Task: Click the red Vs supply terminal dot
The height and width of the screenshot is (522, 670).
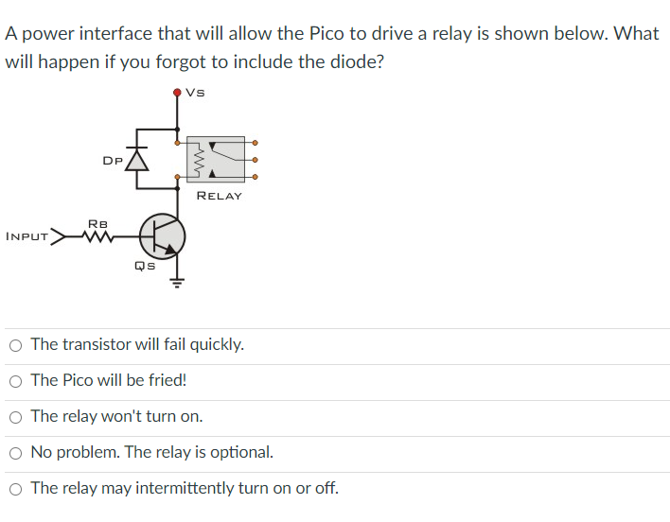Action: coord(177,93)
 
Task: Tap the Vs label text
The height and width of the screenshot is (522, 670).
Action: coord(196,92)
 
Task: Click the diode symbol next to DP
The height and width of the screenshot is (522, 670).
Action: coord(138,160)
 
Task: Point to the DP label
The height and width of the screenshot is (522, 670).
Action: coord(112,161)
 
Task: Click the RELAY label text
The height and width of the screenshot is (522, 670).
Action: coord(219,196)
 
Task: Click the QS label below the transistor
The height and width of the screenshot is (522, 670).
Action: coord(144,266)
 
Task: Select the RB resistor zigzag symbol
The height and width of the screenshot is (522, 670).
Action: coord(96,236)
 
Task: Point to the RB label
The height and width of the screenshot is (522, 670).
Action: coord(97,223)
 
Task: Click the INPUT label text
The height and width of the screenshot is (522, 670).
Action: coord(26,236)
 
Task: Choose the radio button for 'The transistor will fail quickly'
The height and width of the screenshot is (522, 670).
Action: coord(16,345)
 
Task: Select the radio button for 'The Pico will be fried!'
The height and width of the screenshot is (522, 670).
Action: coord(16,381)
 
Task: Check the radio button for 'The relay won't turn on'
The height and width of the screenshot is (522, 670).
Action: coord(16,417)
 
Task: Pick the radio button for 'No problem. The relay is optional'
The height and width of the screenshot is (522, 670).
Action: coord(16,453)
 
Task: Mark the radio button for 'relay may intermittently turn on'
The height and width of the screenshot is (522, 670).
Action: coord(16,489)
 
